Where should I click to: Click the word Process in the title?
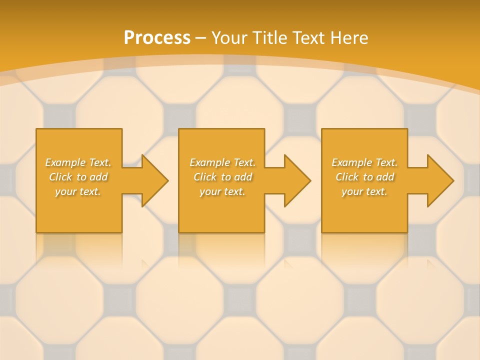coord(157,38)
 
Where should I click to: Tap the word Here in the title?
coord(350,38)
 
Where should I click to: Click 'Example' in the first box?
coord(65,162)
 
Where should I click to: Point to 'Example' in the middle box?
coord(210,162)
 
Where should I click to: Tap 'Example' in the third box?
coord(352,162)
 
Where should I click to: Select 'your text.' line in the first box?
coord(78,192)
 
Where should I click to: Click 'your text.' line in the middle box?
coord(222,192)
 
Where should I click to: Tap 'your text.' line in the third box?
coord(364,192)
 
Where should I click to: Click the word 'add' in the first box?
coord(99,177)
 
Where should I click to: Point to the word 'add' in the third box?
coord(385,177)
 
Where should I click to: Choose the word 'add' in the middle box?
coord(243,177)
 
